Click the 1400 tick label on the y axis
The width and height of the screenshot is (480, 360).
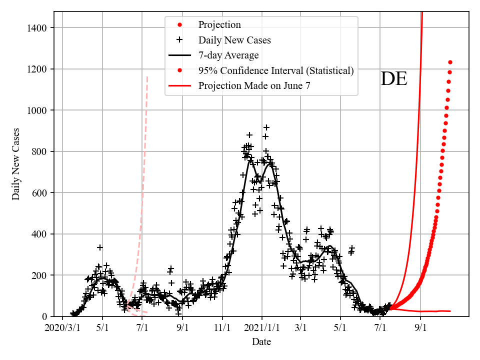pos(42,27)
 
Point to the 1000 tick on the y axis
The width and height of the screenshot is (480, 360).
pos(42,110)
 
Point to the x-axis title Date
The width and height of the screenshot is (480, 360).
pos(261,342)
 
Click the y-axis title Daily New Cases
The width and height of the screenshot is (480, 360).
pos(16,164)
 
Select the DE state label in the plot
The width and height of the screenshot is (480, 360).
pos(394,79)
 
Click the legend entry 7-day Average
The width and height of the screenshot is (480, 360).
pos(228,55)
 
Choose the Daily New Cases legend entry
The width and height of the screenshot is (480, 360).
pos(234,40)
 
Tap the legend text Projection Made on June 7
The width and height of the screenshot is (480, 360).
pos(254,85)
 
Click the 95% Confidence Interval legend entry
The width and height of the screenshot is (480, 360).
pos(276,70)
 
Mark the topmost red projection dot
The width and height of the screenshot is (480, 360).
pos(450,62)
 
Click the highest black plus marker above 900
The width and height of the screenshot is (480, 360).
pos(266,127)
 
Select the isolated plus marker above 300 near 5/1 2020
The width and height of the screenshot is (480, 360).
pos(100,247)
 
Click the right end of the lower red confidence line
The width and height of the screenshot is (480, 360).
pos(450,311)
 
